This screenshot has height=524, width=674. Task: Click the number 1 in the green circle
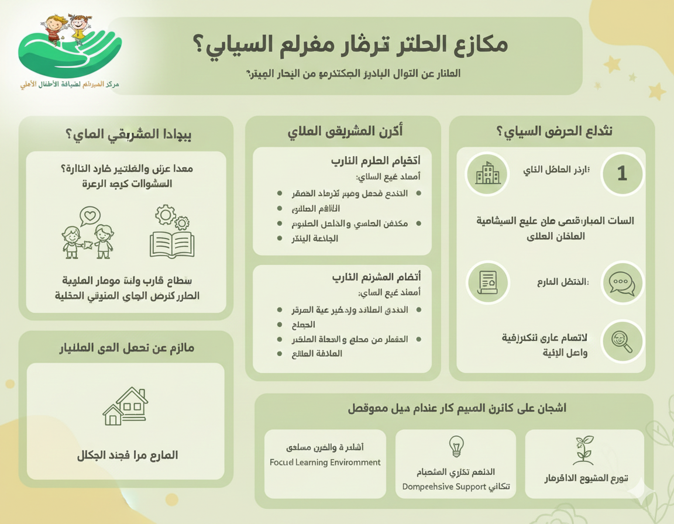[622, 173]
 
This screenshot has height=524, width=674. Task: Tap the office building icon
[487, 173]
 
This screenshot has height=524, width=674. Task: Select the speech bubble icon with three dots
[621, 283]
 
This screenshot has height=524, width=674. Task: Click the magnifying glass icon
[621, 341]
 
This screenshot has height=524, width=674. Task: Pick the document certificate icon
[487, 282]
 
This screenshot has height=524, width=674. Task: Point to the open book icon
[171, 244]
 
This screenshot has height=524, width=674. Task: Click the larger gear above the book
[166, 215]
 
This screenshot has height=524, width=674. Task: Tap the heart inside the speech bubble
[90, 216]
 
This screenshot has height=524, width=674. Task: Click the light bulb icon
[456, 446]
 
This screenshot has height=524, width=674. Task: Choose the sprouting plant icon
[583, 450]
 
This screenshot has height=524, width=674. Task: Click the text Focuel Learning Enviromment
[325, 462]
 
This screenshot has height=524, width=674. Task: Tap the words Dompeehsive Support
[444, 487]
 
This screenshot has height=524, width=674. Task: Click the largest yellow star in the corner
[656, 91]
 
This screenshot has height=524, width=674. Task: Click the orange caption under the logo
[70, 85]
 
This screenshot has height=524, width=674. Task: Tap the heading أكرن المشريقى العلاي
[345, 132]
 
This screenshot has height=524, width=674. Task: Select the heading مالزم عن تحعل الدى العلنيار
[126, 348]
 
